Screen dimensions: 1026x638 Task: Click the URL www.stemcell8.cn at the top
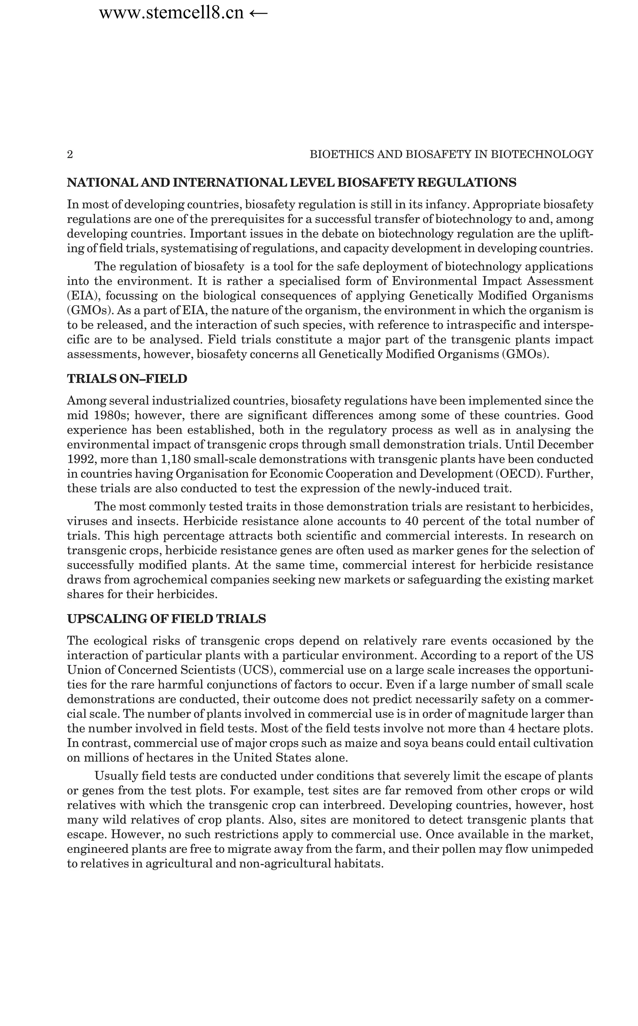click(171, 13)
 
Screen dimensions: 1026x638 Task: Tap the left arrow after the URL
click(258, 13)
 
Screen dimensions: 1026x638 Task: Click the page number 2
click(70, 155)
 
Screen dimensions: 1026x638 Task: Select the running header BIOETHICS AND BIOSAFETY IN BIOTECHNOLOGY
click(451, 155)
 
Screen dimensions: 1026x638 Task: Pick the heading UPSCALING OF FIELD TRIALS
click(166, 619)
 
